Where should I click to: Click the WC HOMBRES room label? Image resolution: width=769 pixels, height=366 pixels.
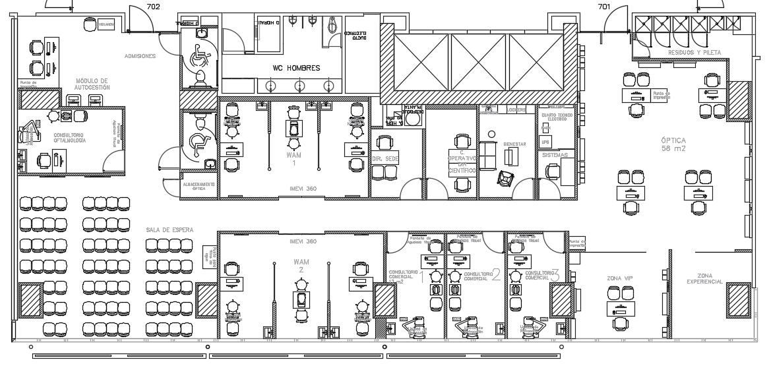tap(296, 68)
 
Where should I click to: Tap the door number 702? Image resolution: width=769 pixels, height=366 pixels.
tap(153, 7)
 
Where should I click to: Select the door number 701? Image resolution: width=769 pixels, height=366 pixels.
tap(603, 7)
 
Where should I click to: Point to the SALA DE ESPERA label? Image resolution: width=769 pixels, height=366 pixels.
tap(169, 229)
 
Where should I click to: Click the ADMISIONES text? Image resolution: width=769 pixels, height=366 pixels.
tap(140, 56)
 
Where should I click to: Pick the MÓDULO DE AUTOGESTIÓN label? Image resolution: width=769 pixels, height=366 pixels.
tap(92, 84)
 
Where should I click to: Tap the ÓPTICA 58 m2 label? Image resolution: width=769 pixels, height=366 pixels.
tap(674, 144)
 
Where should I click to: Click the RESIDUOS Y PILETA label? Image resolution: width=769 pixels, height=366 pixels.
tap(694, 52)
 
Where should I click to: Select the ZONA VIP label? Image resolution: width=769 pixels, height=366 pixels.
tap(620, 278)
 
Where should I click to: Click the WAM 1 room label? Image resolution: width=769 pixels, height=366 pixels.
tap(293, 158)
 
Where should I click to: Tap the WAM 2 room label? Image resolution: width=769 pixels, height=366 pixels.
tap(301, 265)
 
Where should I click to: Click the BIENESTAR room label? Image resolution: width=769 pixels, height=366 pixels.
tap(514, 143)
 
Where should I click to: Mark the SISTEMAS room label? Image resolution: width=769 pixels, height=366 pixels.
tap(554, 155)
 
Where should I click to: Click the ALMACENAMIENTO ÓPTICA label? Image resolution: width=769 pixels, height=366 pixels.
tap(198, 186)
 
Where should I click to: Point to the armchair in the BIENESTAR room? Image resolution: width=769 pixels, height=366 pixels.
tap(506, 178)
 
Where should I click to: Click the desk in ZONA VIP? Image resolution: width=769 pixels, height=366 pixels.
tap(620, 309)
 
